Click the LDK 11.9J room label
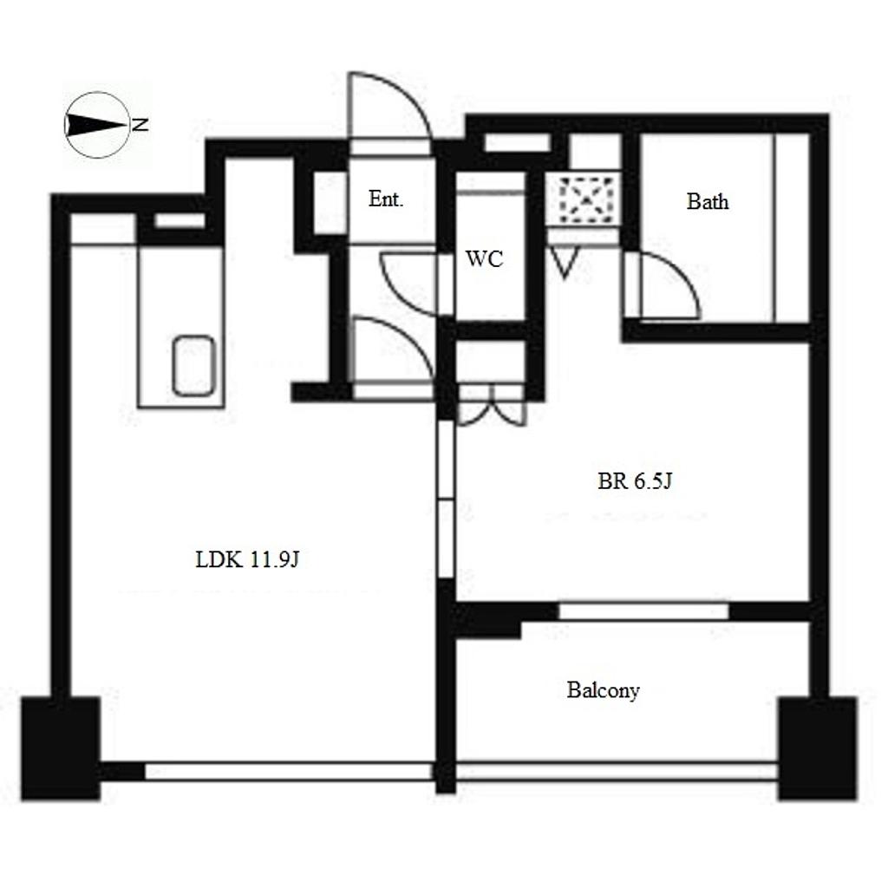click(247, 560)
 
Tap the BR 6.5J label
click(635, 481)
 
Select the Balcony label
click(604, 690)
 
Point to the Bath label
click(708, 201)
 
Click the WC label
click(485, 258)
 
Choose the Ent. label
click(386, 199)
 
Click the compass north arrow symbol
click(96, 125)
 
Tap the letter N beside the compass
click(140, 125)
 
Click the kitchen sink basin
click(193, 366)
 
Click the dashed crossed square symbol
click(587, 199)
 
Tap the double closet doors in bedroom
click(493, 406)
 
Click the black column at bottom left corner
click(62, 748)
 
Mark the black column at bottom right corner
click(817, 748)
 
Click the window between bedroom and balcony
click(643, 611)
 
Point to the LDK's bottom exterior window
click(290, 771)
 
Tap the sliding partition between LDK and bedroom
click(447, 499)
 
